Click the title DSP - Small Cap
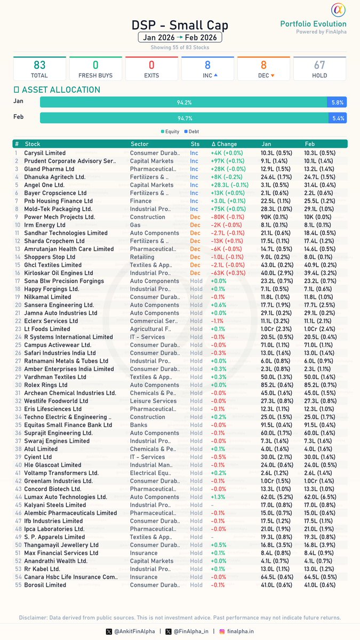180,25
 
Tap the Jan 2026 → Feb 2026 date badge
180,38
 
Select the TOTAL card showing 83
39,69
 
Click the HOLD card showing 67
319,69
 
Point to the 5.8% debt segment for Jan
338,102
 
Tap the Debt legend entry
191,131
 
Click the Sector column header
140,144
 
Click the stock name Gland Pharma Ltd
50,169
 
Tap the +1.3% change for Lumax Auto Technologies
219,497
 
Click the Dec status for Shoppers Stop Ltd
195,257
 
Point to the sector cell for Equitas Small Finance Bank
139,425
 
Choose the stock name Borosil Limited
45,585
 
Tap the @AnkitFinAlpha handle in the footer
133,631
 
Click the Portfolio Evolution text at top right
313,24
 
